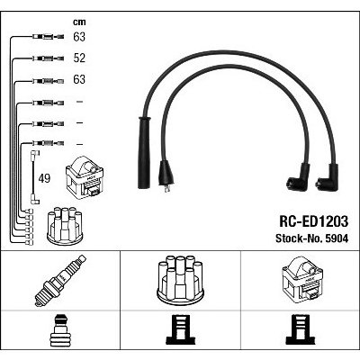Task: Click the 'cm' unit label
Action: (79, 22)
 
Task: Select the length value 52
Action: (79, 58)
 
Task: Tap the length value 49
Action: (44, 178)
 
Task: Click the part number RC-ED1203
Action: (314, 221)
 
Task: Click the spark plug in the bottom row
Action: (60, 280)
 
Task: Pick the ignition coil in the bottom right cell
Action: (302, 279)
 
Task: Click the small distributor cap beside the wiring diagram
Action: (65, 226)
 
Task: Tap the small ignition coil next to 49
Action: (85, 178)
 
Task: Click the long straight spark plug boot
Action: (144, 152)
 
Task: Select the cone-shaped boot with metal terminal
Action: (166, 176)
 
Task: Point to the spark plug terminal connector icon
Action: (60, 329)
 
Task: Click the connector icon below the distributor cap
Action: (180, 329)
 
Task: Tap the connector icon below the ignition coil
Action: (301, 329)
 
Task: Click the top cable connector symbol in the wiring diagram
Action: (48, 37)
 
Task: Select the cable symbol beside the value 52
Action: (48, 58)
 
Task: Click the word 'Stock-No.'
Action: (298, 238)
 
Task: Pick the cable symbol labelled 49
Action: (34, 177)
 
